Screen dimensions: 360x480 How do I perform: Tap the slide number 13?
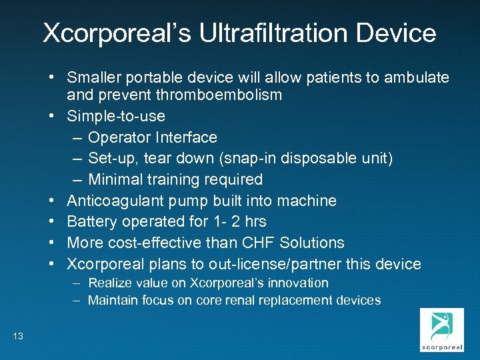click(18, 336)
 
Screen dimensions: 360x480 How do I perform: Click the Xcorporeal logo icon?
click(441, 326)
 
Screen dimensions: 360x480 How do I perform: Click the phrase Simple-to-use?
click(116, 116)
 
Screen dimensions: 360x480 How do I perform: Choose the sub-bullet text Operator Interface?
click(153, 137)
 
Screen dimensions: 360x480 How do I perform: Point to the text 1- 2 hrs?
click(234, 221)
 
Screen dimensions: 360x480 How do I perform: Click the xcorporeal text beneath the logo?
click(441, 347)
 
